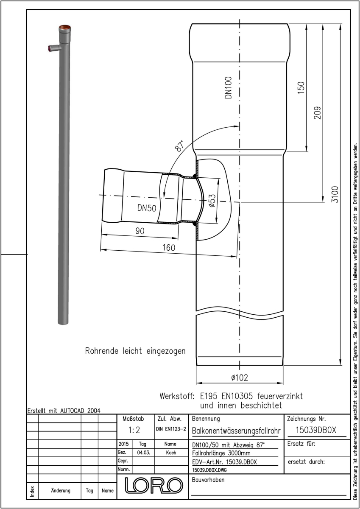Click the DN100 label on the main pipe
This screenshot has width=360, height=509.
tap(228, 87)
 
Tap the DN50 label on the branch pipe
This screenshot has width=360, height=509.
tap(147, 208)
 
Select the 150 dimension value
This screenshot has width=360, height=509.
tap(301, 88)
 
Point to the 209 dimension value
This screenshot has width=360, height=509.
tap(317, 113)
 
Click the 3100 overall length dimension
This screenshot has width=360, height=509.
tap(335, 194)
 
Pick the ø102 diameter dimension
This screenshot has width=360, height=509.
tap(240, 378)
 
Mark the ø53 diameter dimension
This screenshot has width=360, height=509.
tap(212, 201)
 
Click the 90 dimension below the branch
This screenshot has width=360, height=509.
tap(140, 231)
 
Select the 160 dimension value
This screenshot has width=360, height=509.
tap(169, 247)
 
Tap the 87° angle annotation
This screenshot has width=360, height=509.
tap(179, 146)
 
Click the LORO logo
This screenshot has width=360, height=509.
tap(154, 485)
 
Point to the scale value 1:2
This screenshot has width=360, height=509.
tap(134, 430)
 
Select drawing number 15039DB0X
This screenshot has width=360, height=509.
tap(316, 430)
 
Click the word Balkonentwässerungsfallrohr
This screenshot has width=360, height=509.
tap(236, 431)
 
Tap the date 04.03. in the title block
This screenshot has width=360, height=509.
tap(143, 453)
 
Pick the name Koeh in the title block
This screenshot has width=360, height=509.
tap(171, 453)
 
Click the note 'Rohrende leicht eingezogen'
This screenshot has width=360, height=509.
tap(135, 351)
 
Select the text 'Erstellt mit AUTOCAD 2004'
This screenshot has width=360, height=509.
tap(64, 411)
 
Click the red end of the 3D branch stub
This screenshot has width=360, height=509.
tap(50, 48)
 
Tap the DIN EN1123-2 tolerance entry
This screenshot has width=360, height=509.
tap(171, 429)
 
